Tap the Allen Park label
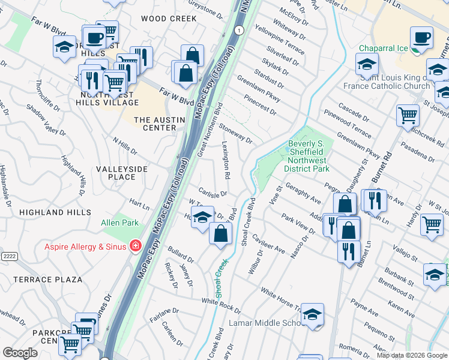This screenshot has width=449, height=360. [x=119, y=223]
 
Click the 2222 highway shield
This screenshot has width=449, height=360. [x=8, y=256]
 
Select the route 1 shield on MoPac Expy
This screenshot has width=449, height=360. [x=240, y=30]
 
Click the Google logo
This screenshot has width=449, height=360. [x=20, y=353]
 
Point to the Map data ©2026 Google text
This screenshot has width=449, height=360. [x=411, y=355]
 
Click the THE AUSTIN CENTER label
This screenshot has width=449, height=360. [x=159, y=124]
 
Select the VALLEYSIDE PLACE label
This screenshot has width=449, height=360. [x=122, y=173]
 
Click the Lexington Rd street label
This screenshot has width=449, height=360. [x=227, y=160]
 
